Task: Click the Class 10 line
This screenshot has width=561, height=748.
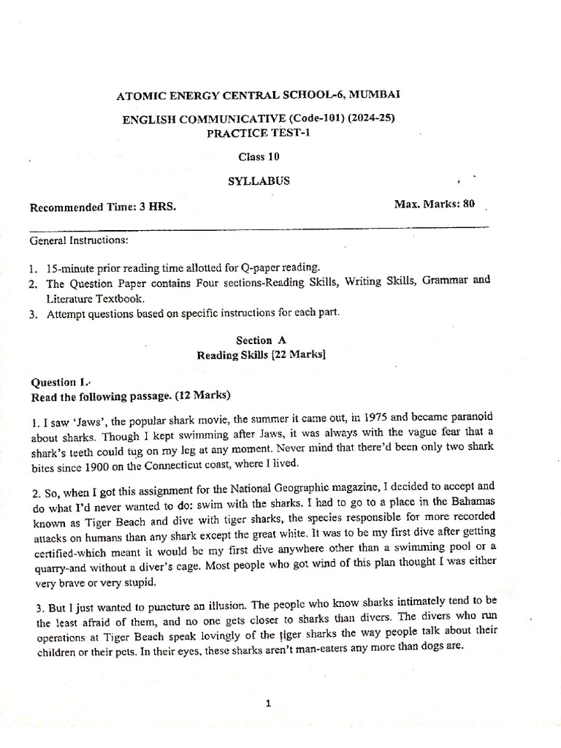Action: click(259, 156)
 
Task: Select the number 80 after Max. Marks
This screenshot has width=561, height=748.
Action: click(467, 204)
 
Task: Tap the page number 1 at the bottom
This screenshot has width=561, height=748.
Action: click(269, 704)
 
